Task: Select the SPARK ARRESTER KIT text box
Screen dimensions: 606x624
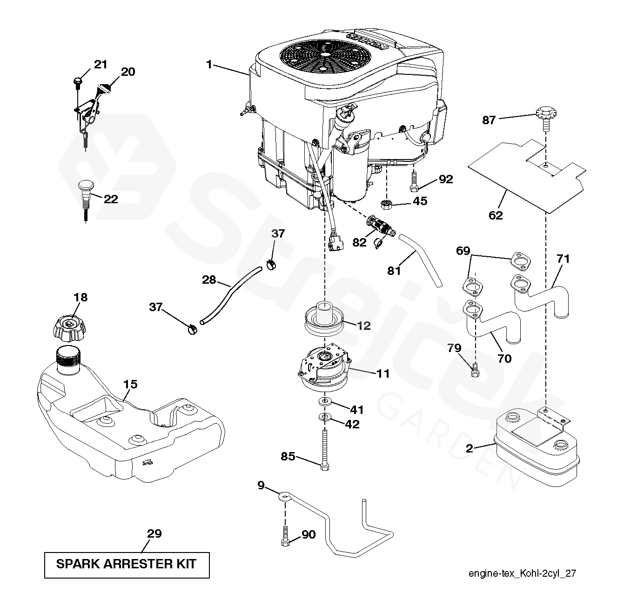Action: (127, 565)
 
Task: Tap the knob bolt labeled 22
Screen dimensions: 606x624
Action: (85, 192)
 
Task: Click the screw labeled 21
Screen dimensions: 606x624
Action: (77, 82)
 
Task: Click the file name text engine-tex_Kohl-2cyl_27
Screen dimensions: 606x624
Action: (522, 573)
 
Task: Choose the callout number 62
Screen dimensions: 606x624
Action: (496, 215)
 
